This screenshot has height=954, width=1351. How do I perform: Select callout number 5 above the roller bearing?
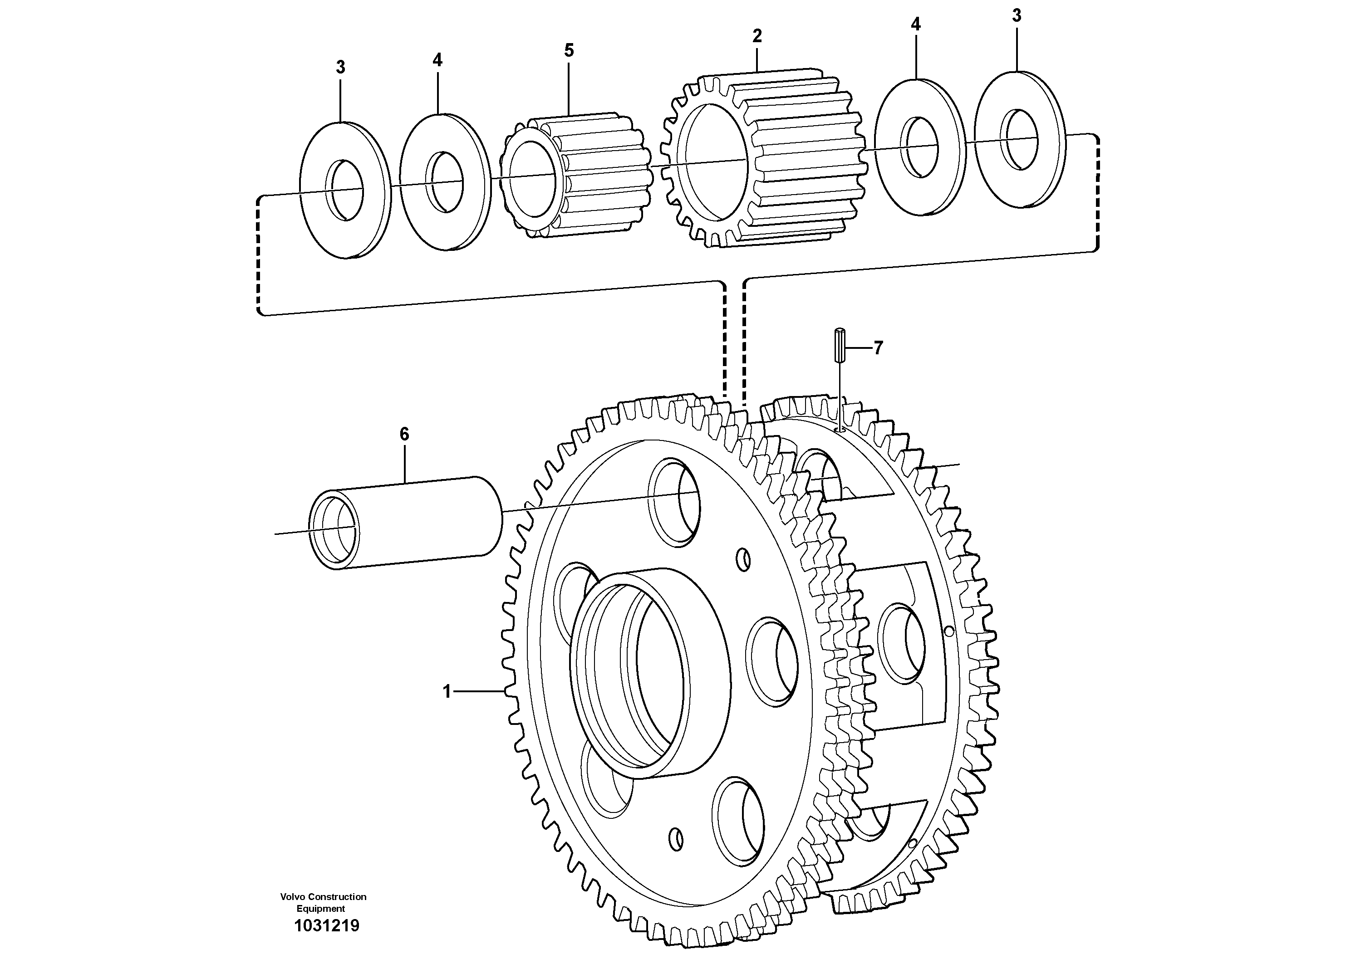[569, 51]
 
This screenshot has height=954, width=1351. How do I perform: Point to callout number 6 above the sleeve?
[404, 434]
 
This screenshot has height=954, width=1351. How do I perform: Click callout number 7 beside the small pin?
[878, 348]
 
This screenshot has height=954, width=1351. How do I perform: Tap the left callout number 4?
[437, 59]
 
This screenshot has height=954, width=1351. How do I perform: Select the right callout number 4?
[916, 24]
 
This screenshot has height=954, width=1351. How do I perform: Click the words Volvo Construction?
[323, 896]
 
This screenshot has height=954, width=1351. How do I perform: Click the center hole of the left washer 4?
[445, 183]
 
